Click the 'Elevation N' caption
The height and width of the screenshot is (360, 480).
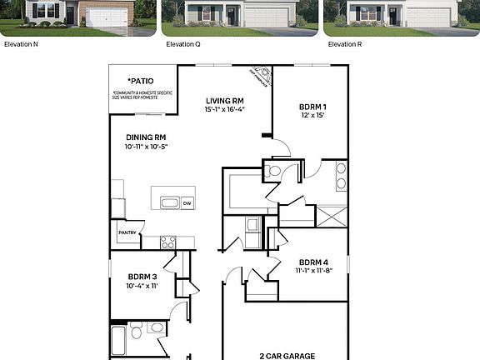tap(21, 44)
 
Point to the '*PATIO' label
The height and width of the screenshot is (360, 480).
tap(141, 82)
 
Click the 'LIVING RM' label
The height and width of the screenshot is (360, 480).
tap(225, 100)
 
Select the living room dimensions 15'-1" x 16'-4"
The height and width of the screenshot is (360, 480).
tap(225, 109)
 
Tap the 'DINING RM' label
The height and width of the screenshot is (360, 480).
tap(146, 137)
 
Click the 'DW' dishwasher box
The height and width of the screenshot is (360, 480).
tap(187, 202)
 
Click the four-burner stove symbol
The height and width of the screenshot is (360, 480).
tap(167, 242)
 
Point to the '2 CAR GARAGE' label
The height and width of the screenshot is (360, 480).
tap(287, 356)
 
